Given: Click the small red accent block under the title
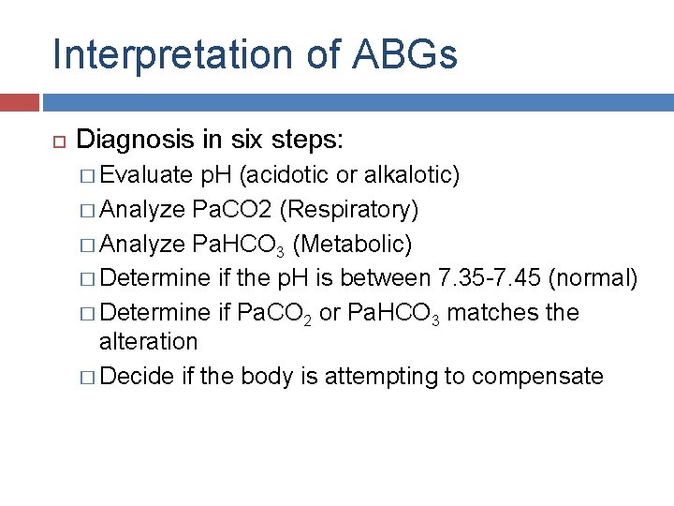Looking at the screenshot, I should click(20, 102).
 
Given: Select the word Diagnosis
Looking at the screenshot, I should click(135, 141).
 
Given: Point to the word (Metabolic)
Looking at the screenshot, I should click(352, 244).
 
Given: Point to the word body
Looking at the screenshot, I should click(266, 376).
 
